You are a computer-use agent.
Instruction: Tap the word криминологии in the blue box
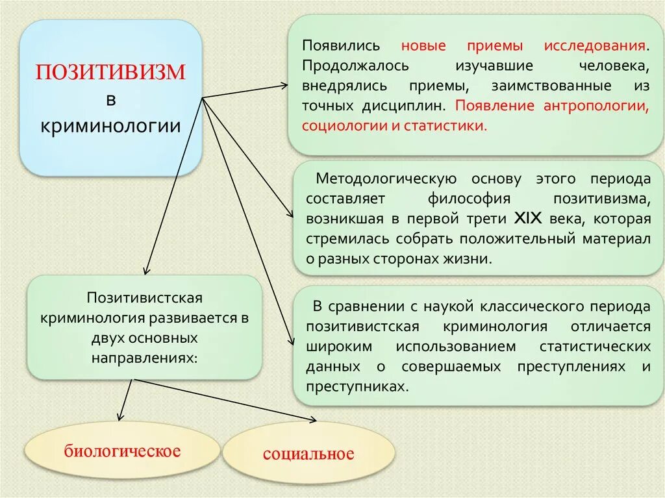[x=110, y=125]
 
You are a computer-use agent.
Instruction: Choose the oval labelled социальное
[x=308, y=454]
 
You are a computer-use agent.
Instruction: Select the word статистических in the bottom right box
[x=596, y=345]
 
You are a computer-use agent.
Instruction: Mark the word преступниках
[x=360, y=386]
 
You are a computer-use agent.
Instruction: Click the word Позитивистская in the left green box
[x=144, y=297]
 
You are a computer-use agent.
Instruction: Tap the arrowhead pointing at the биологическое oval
[x=119, y=417]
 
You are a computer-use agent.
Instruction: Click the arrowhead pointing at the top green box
[x=284, y=84]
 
